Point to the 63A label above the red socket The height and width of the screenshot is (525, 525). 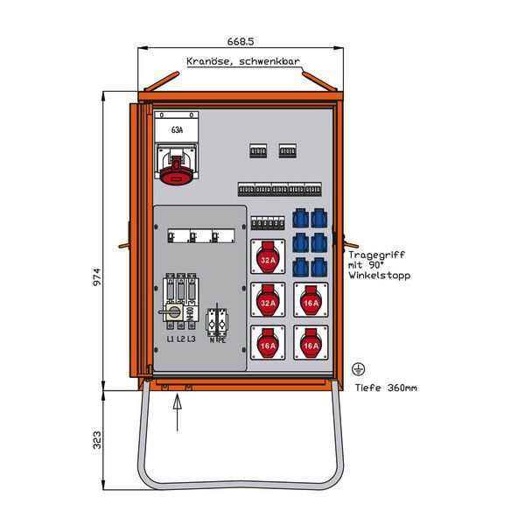click(178, 130)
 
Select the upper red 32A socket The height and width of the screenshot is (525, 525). click(268, 259)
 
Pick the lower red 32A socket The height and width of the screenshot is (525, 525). click(268, 302)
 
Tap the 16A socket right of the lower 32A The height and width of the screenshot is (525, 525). click(311, 303)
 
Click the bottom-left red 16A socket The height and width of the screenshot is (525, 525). click(268, 346)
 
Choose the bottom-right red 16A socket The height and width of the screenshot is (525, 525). click(311, 346)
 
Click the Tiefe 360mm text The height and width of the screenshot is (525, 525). click(386, 388)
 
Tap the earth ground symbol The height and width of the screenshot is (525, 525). click(358, 370)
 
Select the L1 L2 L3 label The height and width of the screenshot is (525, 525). click(179, 339)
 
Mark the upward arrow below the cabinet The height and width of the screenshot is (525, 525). click(178, 411)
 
